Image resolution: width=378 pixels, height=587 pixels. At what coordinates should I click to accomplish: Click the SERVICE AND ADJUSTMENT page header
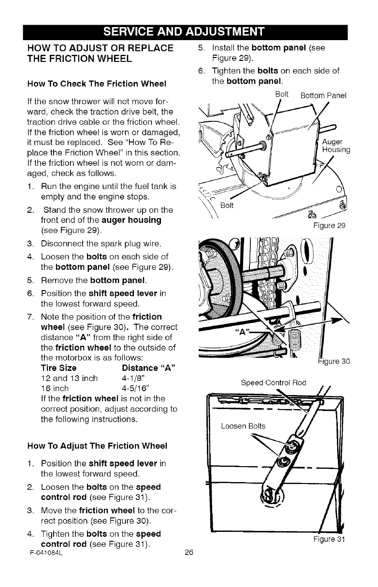189,32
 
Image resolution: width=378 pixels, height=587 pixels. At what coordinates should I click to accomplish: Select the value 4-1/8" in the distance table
134,378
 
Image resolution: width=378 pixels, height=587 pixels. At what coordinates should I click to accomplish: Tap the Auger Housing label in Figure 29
333,146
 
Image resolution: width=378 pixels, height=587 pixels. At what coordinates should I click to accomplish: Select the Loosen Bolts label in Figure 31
243,426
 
